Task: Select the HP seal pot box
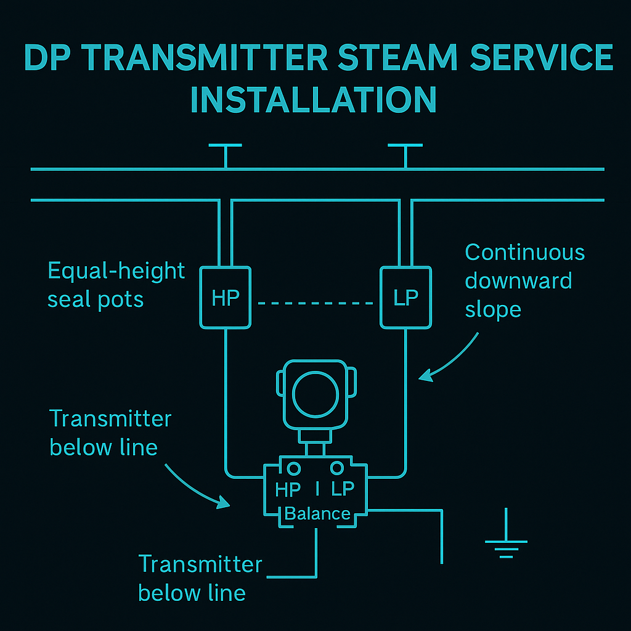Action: pyautogui.click(x=226, y=297)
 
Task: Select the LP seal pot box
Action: pyautogui.click(x=405, y=297)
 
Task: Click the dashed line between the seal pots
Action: pyautogui.click(x=315, y=303)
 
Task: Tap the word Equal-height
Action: pyautogui.click(x=116, y=271)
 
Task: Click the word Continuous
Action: pyautogui.click(x=524, y=253)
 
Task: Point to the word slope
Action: pyautogui.click(x=493, y=309)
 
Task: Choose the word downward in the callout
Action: pyautogui.click(x=518, y=281)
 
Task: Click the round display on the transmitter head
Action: pyautogui.click(x=316, y=394)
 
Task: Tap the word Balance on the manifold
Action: pyautogui.click(x=317, y=513)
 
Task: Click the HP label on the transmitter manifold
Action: pyautogui.click(x=288, y=489)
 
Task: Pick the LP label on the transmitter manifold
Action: pyautogui.click(x=343, y=489)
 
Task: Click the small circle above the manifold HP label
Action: pyautogui.click(x=294, y=469)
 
